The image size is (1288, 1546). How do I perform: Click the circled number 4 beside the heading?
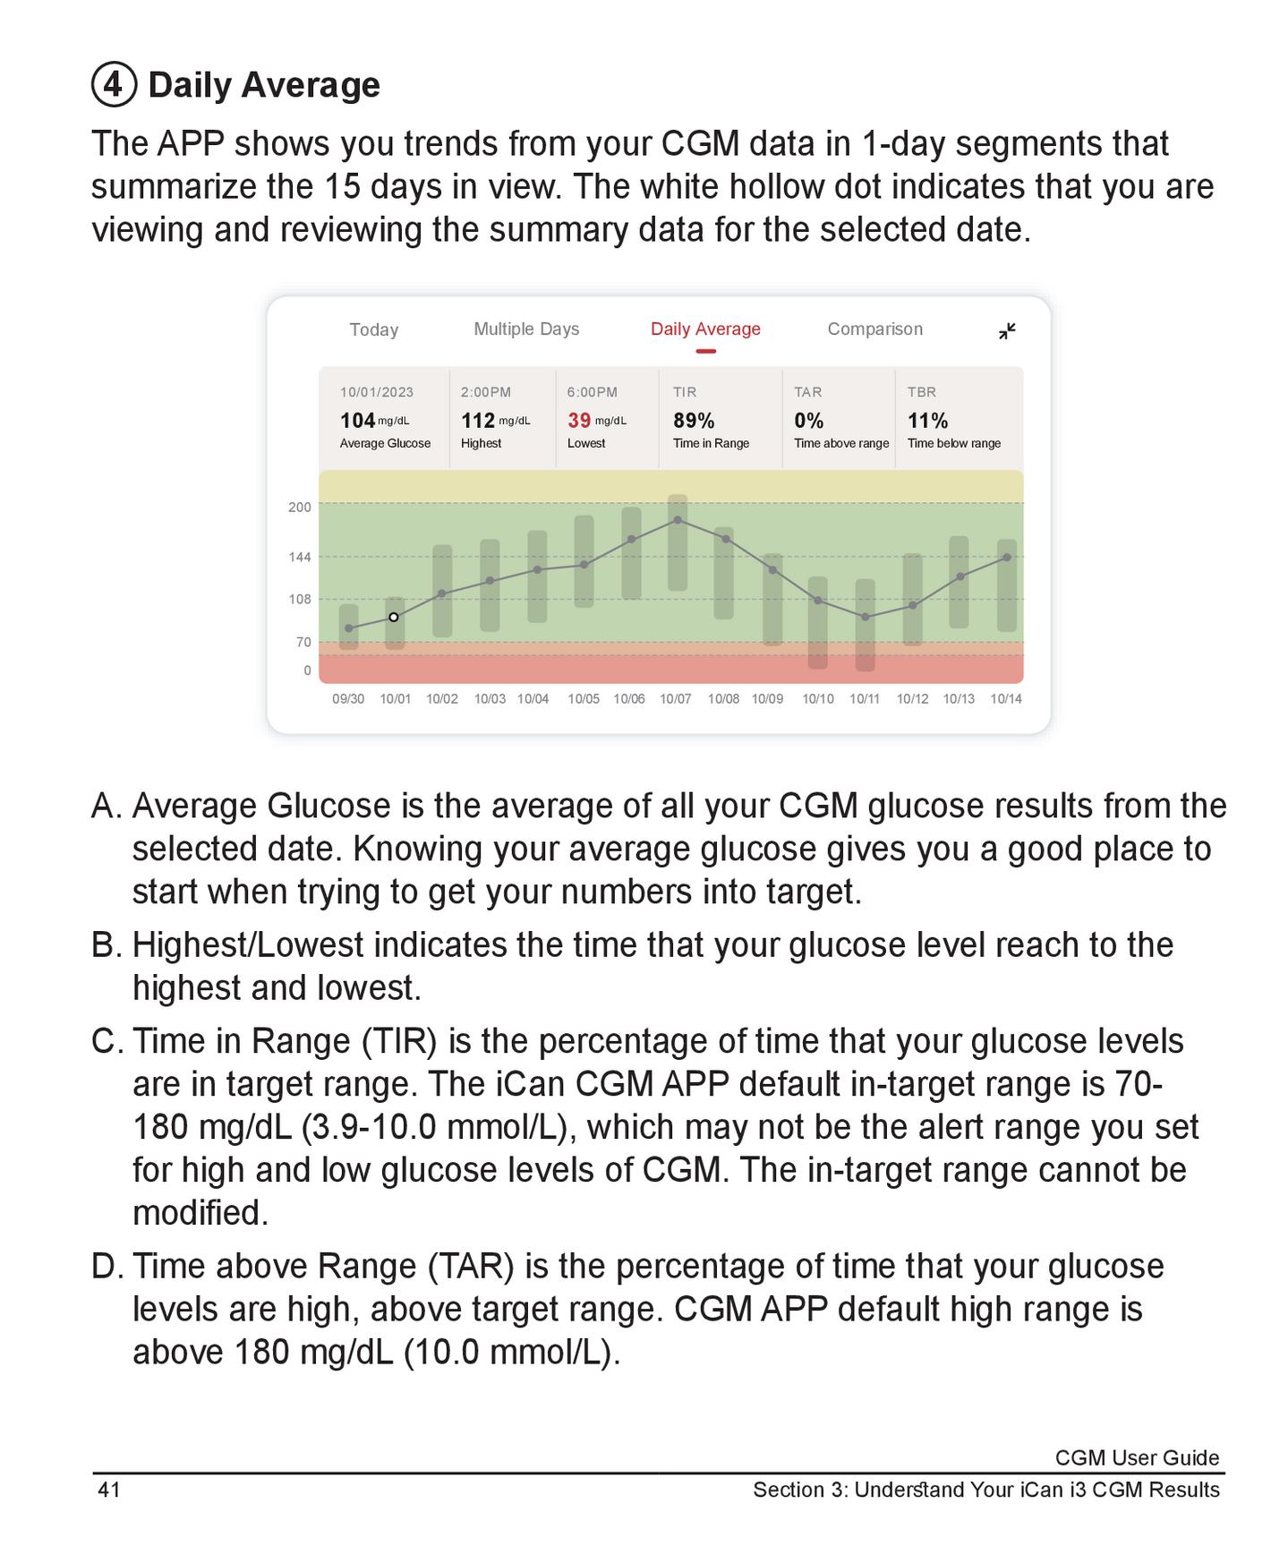pyautogui.click(x=114, y=85)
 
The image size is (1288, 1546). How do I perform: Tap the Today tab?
pyautogui.click(x=373, y=329)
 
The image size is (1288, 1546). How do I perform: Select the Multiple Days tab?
pyautogui.click(x=525, y=329)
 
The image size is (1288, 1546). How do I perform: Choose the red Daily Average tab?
pyautogui.click(x=705, y=329)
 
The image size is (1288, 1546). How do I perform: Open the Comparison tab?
pyautogui.click(x=874, y=329)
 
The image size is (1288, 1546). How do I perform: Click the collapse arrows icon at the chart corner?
pyautogui.click(x=1007, y=331)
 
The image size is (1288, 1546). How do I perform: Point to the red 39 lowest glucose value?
pyautogui.click(x=579, y=420)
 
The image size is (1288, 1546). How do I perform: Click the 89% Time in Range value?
pyautogui.click(x=694, y=420)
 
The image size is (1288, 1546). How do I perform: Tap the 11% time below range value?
pyautogui.click(x=927, y=420)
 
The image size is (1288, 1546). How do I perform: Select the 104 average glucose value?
pyautogui.click(x=357, y=420)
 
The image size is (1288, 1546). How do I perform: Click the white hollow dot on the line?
pyautogui.click(x=394, y=617)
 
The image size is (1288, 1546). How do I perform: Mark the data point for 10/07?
pyautogui.click(x=678, y=519)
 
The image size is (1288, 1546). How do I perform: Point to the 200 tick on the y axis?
pyautogui.click(x=300, y=507)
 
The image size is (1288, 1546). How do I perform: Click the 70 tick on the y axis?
pyautogui.click(x=303, y=642)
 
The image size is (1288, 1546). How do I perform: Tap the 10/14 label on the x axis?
pyautogui.click(x=1005, y=698)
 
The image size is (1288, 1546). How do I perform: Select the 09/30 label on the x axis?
pyautogui.click(x=348, y=698)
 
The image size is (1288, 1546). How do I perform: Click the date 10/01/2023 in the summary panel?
pyautogui.click(x=376, y=392)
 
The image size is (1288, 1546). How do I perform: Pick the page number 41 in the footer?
pyautogui.click(x=109, y=1489)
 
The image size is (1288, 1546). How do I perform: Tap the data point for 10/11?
pyautogui.click(x=865, y=617)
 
